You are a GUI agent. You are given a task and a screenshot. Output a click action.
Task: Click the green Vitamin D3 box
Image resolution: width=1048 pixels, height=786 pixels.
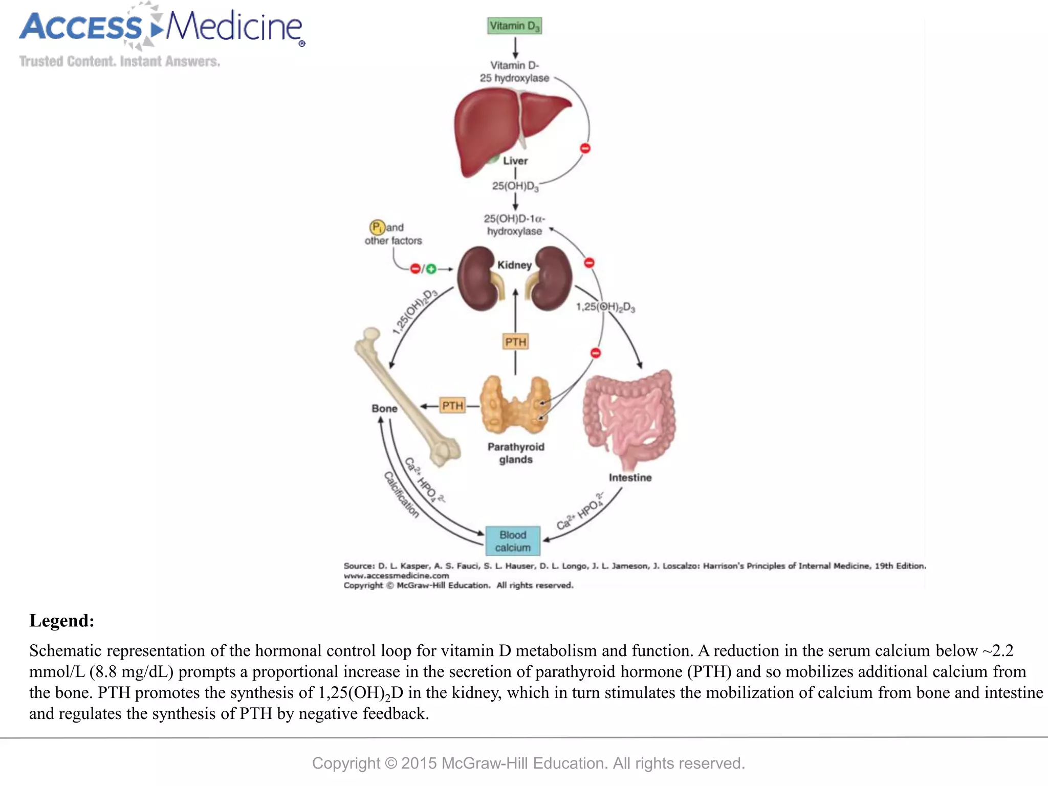click(514, 26)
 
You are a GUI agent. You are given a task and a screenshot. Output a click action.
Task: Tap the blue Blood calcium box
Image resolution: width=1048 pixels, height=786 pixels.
click(512, 541)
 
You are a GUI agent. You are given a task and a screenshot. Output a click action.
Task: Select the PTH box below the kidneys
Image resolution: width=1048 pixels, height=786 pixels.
click(515, 342)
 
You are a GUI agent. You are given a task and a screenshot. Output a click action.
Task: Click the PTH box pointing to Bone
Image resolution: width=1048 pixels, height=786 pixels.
click(452, 406)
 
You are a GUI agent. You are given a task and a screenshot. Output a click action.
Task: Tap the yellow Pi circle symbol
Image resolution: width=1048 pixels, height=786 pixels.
click(377, 227)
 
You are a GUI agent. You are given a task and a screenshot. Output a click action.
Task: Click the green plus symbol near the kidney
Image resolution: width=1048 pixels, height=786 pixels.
click(431, 269)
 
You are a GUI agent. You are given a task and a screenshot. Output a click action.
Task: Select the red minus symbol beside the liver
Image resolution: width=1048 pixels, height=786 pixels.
click(585, 148)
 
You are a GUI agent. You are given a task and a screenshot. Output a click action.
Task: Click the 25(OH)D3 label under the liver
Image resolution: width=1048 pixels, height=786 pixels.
click(515, 186)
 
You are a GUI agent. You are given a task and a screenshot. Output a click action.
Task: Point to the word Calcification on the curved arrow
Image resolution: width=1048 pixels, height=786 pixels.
click(401, 495)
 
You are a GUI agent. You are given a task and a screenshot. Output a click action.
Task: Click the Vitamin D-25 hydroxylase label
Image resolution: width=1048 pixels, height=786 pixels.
click(514, 72)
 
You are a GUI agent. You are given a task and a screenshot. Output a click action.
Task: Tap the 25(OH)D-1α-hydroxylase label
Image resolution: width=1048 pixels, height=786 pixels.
click(514, 225)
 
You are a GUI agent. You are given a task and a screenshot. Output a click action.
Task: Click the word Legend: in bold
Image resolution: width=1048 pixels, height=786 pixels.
click(62, 621)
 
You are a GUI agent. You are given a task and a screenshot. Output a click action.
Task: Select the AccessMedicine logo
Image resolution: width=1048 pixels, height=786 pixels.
click(162, 28)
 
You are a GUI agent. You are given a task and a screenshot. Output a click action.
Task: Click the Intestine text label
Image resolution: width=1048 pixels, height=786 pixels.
click(630, 477)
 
